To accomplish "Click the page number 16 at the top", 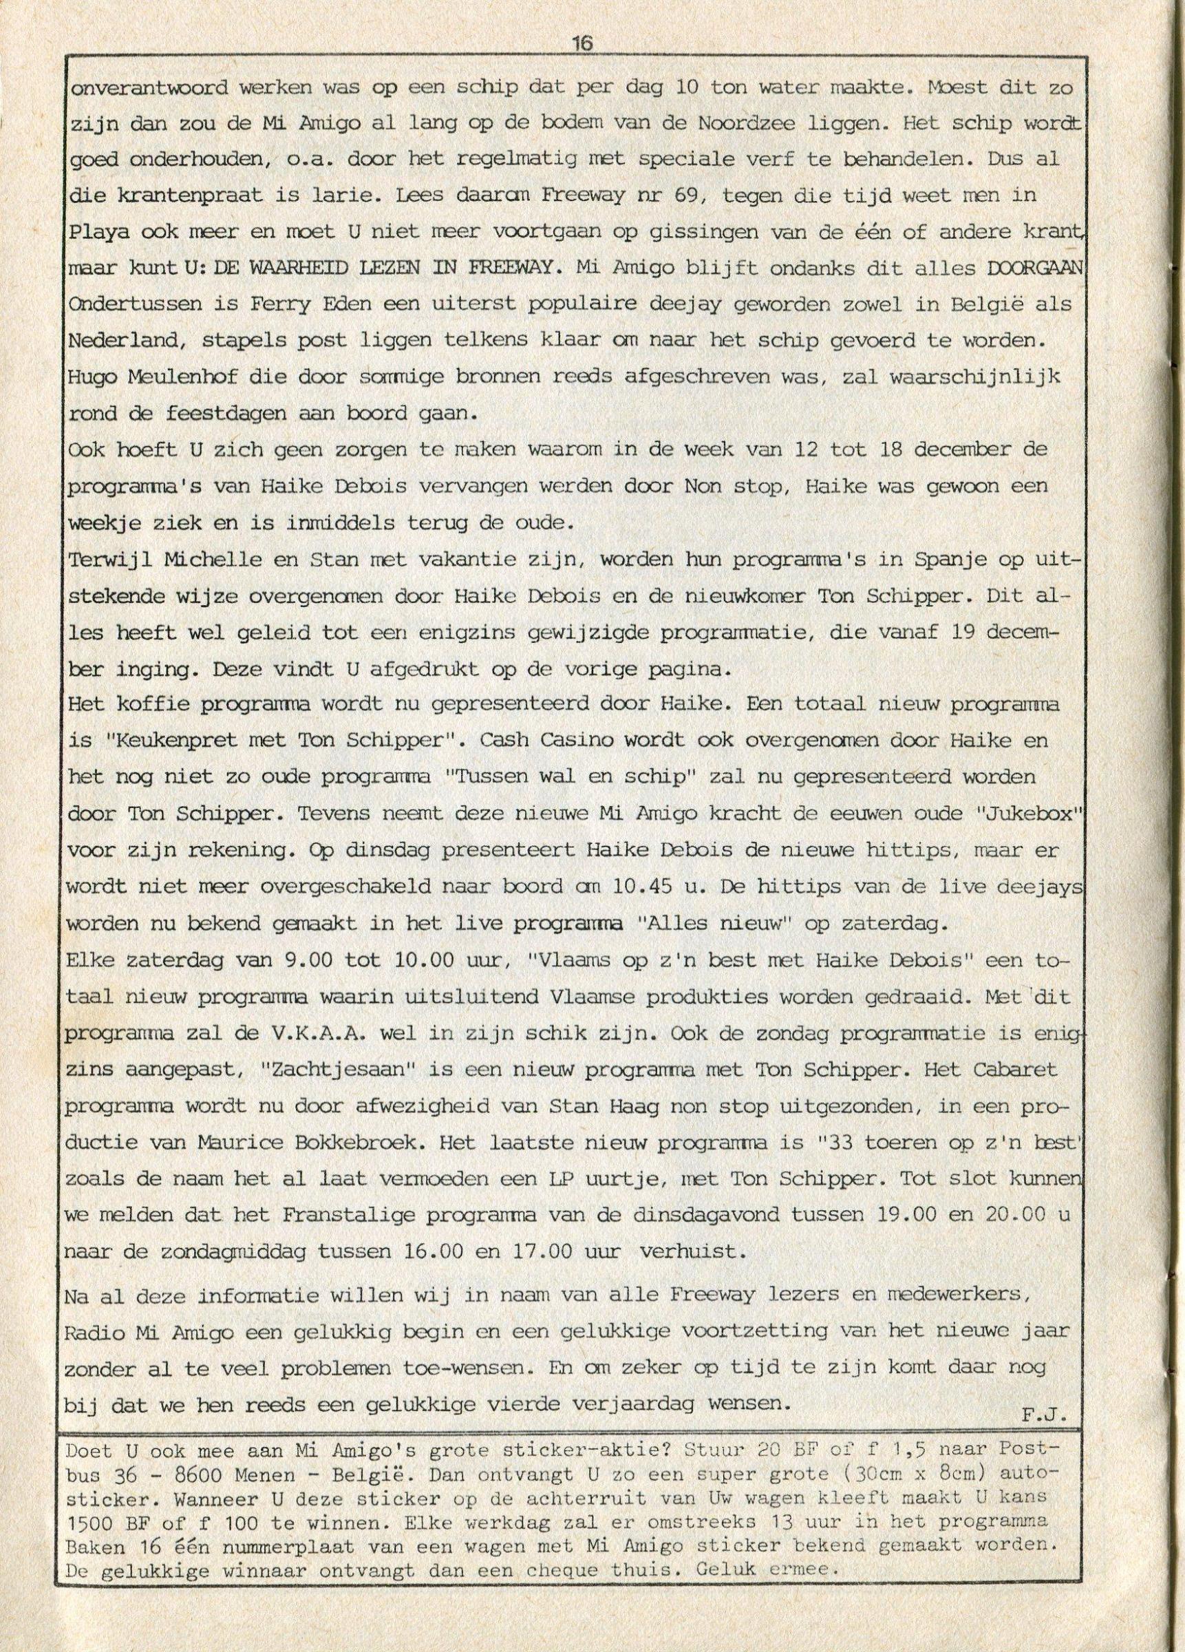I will (x=583, y=43).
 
